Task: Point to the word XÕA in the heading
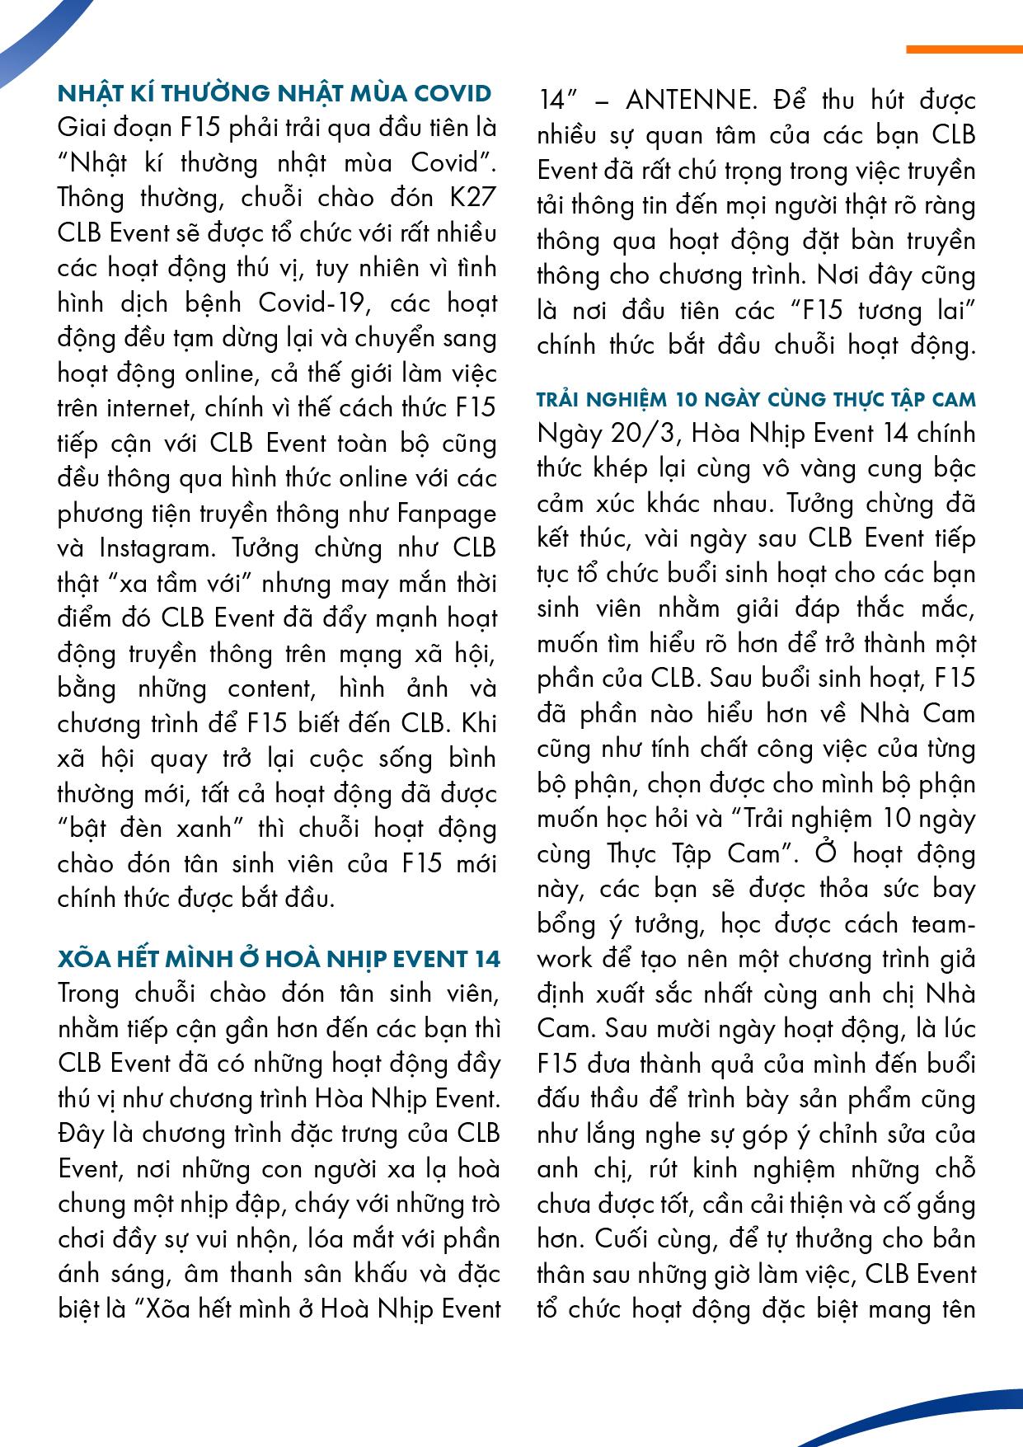[87, 959]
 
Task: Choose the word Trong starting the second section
[92, 994]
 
